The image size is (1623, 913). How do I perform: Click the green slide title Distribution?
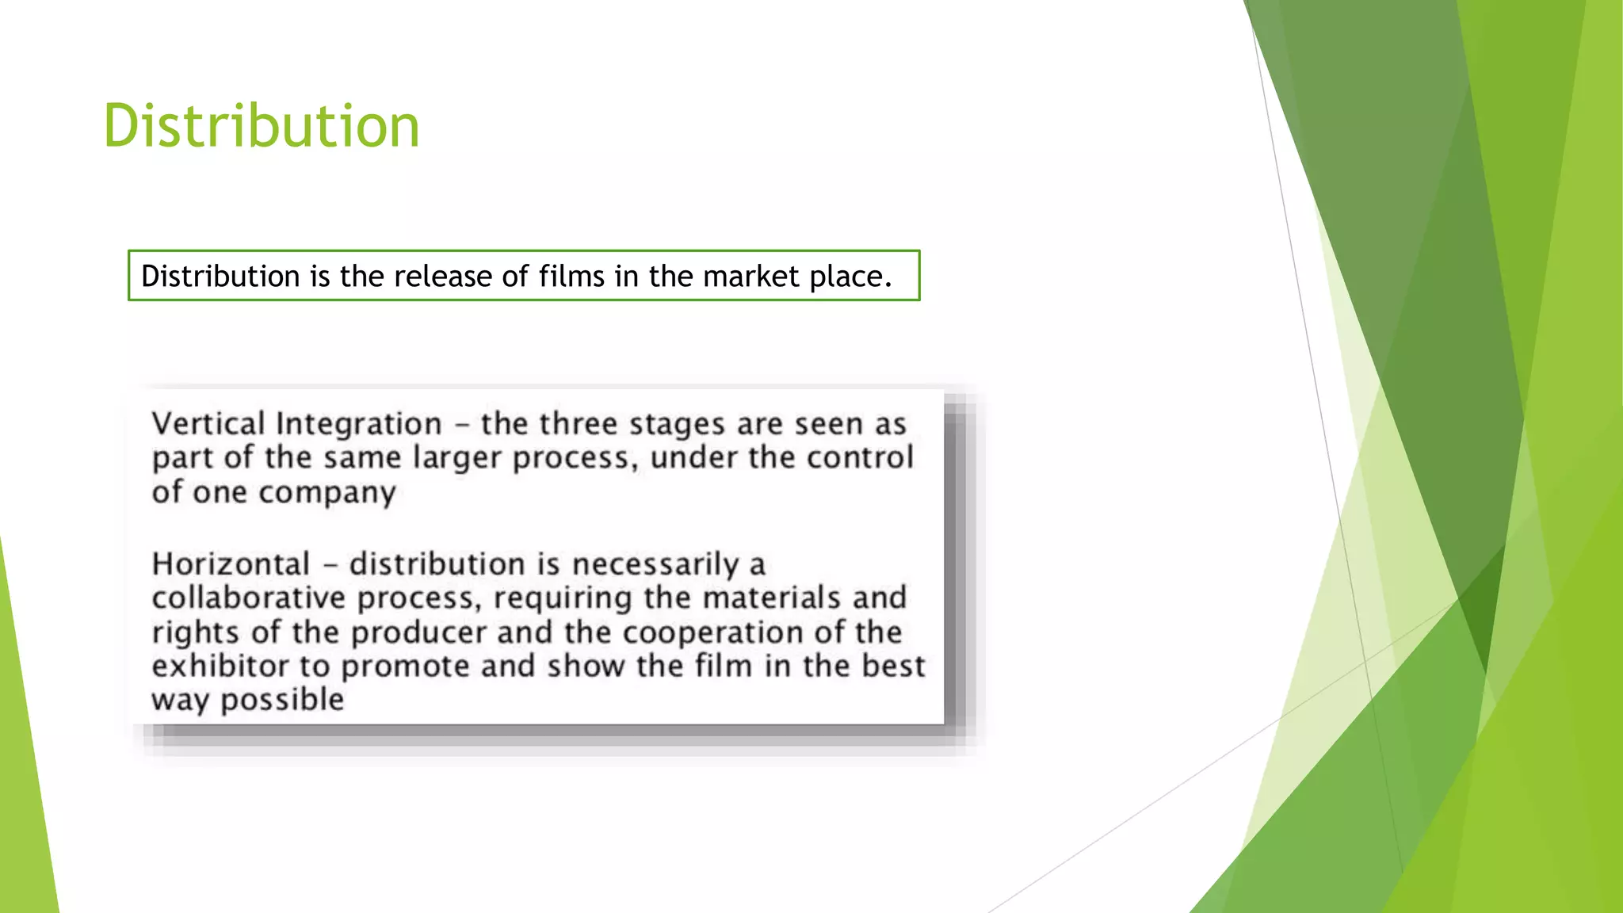click(x=262, y=126)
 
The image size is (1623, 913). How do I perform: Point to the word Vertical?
click(x=208, y=424)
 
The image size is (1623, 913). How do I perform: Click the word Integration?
click(x=358, y=425)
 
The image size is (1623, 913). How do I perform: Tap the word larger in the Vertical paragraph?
click(x=457, y=459)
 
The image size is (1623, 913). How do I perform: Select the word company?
click(x=327, y=494)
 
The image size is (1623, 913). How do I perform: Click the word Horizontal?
click(x=231, y=564)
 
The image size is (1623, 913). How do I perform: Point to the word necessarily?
click(x=655, y=564)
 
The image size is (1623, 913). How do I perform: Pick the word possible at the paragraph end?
click(x=281, y=701)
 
